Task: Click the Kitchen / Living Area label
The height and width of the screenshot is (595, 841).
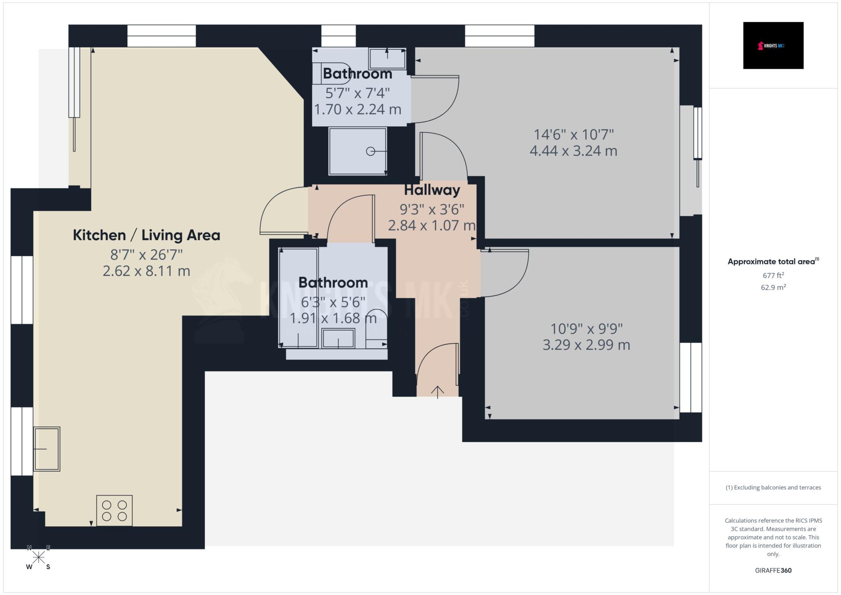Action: [x=146, y=235]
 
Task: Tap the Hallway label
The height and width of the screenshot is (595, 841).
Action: [x=432, y=190]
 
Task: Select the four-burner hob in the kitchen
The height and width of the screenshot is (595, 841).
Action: [x=114, y=510]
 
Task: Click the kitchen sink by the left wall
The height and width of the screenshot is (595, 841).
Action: [x=47, y=449]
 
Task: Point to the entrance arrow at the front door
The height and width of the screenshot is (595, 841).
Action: [x=438, y=392]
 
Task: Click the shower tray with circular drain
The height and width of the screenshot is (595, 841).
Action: [x=357, y=151]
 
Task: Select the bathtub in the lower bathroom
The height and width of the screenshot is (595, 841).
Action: [x=299, y=298]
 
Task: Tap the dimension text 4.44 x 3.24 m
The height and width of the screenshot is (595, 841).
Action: [x=573, y=151]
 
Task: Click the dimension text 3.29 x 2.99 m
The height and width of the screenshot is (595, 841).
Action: [x=586, y=345]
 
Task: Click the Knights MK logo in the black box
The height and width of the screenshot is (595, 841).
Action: [x=773, y=46]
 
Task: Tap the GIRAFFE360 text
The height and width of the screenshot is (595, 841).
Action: [x=773, y=570]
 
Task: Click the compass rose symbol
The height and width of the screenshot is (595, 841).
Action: [x=39, y=557]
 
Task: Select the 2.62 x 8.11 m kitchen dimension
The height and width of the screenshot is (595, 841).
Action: [x=146, y=271]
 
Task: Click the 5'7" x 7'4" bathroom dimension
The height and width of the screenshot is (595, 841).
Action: [x=357, y=93]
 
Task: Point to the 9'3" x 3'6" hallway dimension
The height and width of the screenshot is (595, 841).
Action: [x=432, y=209]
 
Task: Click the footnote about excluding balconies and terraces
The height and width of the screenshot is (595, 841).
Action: [x=773, y=487]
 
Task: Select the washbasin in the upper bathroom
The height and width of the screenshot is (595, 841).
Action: [x=387, y=59]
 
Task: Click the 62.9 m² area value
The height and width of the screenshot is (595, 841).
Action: [x=773, y=287]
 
